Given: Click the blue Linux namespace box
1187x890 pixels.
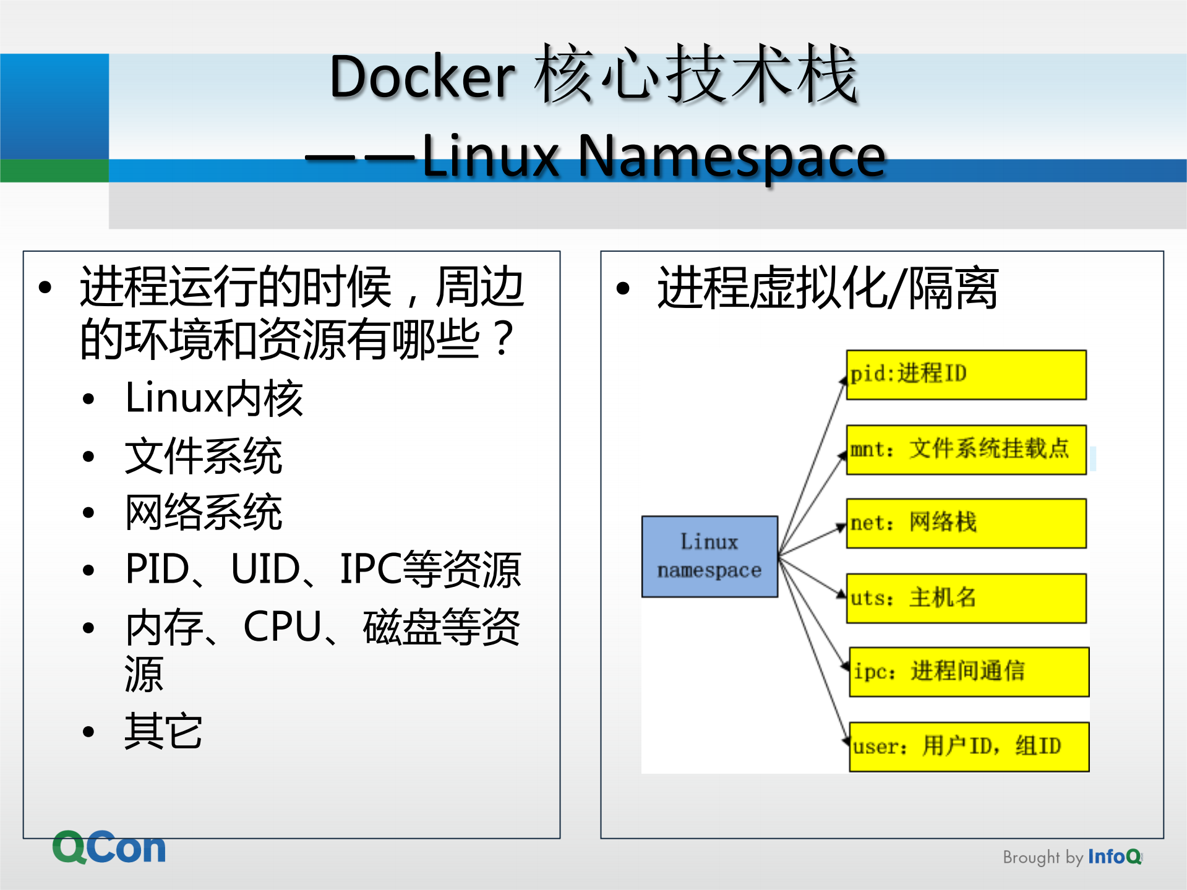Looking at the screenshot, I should (x=709, y=556).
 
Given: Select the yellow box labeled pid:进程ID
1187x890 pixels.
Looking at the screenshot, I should (x=966, y=375).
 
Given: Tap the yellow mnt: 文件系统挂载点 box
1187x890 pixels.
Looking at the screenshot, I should (x=966, y=450).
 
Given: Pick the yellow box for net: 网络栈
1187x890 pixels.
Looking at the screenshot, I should (x=966, y=523).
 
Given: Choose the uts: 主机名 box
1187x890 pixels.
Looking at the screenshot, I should (x=966, y=598).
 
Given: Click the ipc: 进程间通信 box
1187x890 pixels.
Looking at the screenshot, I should (x=969, y=672).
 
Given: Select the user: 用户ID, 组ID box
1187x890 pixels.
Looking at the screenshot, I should (x=969, y=747).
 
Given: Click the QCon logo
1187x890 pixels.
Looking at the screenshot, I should (x=109, y=847).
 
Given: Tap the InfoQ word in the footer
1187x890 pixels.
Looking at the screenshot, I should (x=1114, y=857).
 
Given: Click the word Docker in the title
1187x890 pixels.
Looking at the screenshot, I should (x=422, y=77).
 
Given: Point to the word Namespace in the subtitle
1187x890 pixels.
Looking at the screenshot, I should (x=732, y=156).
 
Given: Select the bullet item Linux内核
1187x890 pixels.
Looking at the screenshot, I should (x=214, y=398).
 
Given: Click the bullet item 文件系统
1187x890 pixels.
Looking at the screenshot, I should (x=204, y=456).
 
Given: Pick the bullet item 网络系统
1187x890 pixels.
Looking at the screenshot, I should (x=204, y=512).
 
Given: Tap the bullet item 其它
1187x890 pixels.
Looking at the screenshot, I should (x=163, y=731).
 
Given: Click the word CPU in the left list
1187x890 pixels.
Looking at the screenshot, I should (x=282, y=627).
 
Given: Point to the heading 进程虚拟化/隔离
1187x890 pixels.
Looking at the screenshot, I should (x=828, y=288).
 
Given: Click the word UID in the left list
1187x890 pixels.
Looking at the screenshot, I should (x=265, y=568).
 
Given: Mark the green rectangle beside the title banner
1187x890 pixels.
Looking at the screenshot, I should (x=54, y=171).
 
